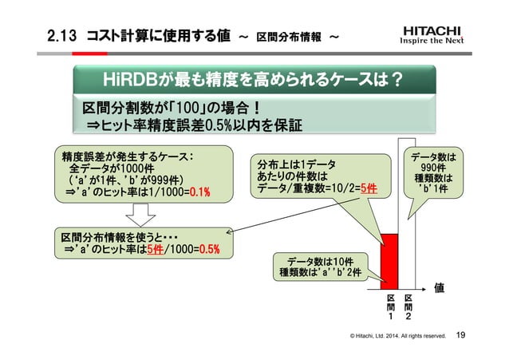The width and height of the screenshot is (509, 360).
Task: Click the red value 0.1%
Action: (199, 193)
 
